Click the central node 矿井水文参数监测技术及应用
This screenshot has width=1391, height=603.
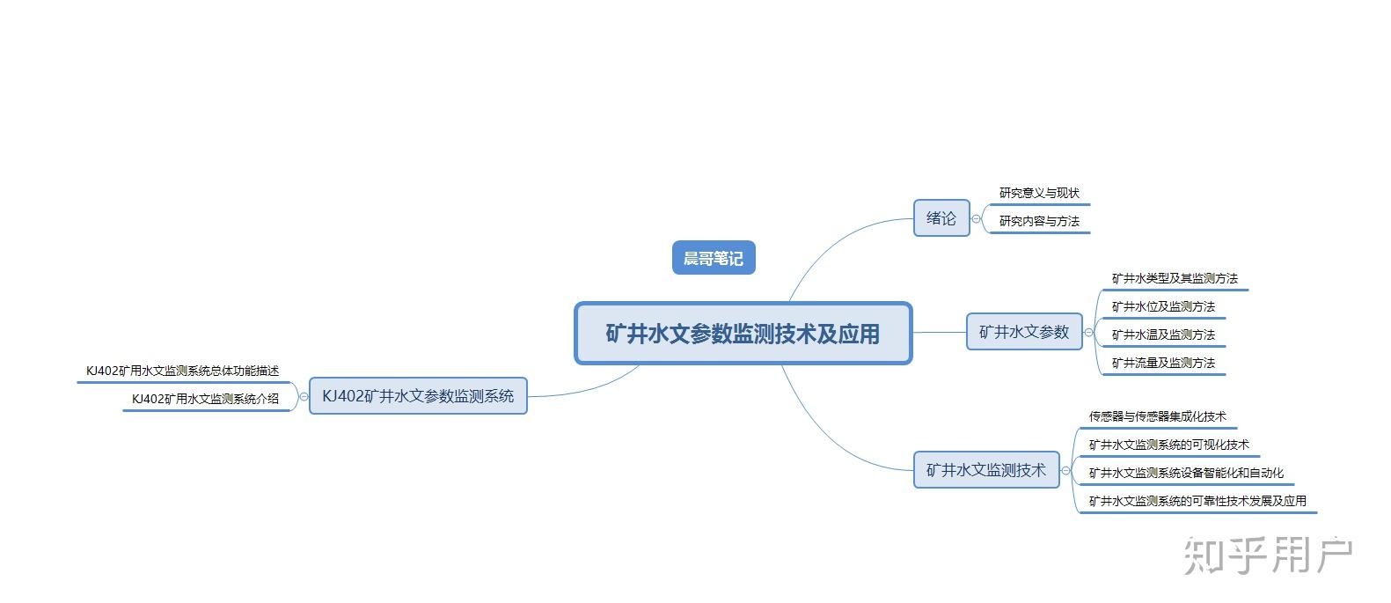point(743,334)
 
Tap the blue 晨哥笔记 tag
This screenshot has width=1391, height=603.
point(714,258)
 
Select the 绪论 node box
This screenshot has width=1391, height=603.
point(941,218)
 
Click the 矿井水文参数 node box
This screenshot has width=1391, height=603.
point(1023,332)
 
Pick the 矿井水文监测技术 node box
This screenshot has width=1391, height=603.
point(985,470)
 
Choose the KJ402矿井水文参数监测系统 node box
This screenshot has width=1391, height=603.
point(418,396)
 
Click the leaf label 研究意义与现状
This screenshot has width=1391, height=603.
point(1038,193)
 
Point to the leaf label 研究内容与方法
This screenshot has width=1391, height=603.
point(1038,221)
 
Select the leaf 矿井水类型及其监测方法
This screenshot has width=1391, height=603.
point(1174,278)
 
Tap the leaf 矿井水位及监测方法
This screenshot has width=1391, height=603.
point(1162,306)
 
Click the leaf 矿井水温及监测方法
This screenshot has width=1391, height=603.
point(1162,335)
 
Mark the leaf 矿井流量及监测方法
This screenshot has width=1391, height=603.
point(1162,363)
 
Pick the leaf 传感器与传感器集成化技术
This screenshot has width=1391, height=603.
point(1157,416)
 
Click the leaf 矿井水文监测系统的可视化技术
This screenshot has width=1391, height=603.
point(1168,445)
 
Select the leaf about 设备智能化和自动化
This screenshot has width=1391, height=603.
point(1186,473)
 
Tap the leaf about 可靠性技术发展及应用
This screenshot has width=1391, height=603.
point(1197,501)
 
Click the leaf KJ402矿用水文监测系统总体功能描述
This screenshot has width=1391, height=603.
point(182,371)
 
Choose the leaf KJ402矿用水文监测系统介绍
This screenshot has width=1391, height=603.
point(205,399)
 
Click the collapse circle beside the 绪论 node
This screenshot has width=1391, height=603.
point(976,218)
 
